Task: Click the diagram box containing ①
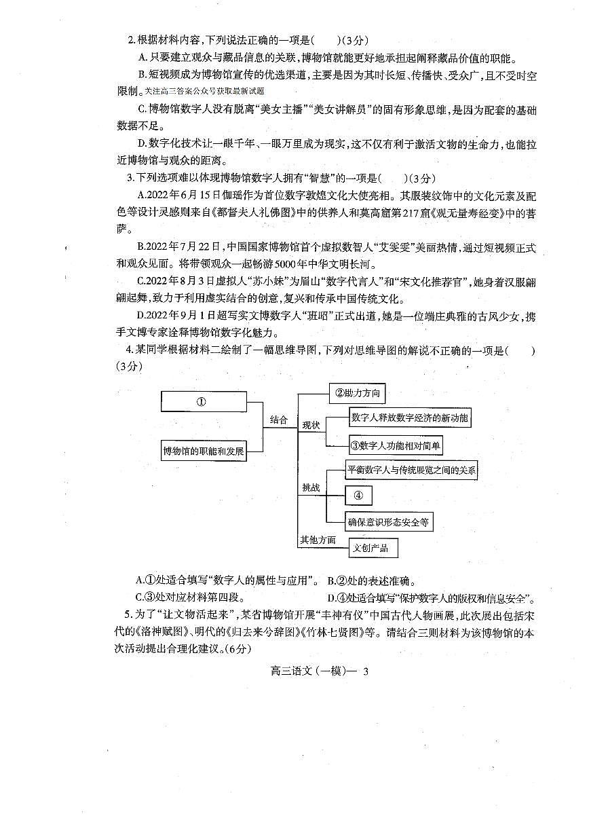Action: (x=203, y=401)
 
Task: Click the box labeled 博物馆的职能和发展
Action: (x=203, y=450)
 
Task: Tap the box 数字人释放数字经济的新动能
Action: (x=409, y=418)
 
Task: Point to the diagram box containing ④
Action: (x=359, y=496)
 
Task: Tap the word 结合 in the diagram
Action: (x=279, y=420)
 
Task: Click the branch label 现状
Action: (x=311, y=426)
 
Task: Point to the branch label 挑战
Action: (x=311, y=488)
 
